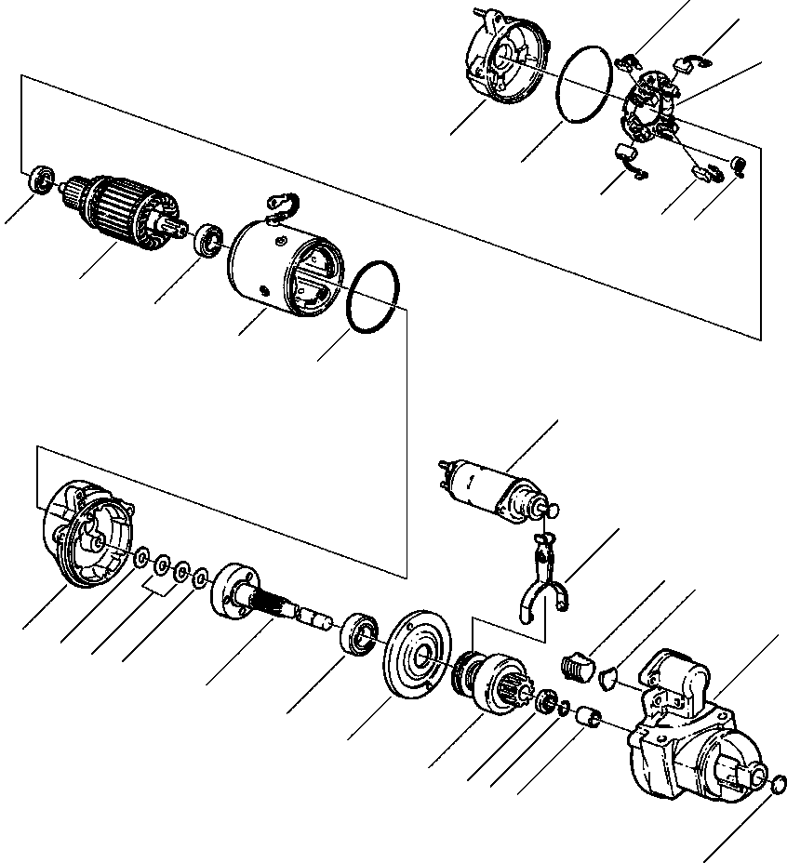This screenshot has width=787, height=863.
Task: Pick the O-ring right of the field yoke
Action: pos(374,296)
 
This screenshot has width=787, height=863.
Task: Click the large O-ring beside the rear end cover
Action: pos(584,84)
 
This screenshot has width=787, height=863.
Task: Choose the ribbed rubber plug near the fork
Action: pos(579,667)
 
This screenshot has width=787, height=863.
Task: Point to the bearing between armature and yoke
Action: pos(209,239)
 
